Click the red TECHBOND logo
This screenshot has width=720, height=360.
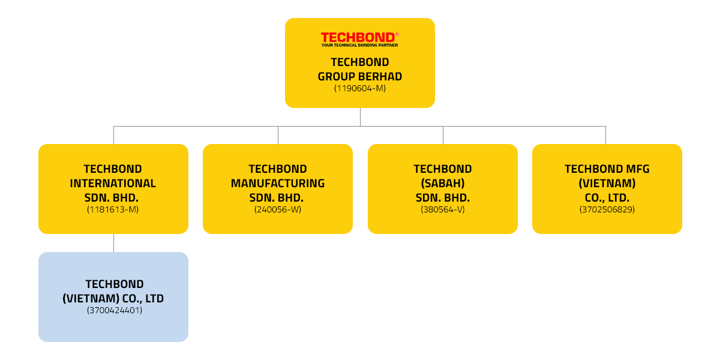[x=359, y=37]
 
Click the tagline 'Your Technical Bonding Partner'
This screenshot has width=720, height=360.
[x=359, y=45]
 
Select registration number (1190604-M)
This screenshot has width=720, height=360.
[x=359, y=88]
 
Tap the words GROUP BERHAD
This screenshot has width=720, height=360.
[x=359, y=76]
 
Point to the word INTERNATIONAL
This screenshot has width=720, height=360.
[x=113, y=184]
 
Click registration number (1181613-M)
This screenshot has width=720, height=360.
[x=113, y=209]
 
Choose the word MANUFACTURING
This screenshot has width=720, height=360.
[x=277, y=184]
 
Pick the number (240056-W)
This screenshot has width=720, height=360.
[x=277, y=209]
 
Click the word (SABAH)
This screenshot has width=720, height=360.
[x=442, y=184]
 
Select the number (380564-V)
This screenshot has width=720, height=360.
[x=442, y=209]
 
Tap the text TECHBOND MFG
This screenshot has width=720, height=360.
[x=607, y=169]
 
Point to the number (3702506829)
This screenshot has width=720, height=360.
[x=607, y=209]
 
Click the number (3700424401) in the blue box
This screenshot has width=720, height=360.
[x=114, y=310]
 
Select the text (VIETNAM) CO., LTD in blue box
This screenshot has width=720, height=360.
[x=113, y=298]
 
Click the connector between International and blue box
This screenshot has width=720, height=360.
[x=113, y=242]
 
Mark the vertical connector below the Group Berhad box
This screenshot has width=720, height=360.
[x=360, y=116]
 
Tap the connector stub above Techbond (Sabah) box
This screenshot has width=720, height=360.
[x=442, y=134]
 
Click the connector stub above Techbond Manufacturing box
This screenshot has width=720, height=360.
[x=277, y=134]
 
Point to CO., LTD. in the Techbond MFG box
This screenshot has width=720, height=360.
[x=607, y=198]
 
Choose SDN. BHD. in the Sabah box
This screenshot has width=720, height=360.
[x=442, y=198]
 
